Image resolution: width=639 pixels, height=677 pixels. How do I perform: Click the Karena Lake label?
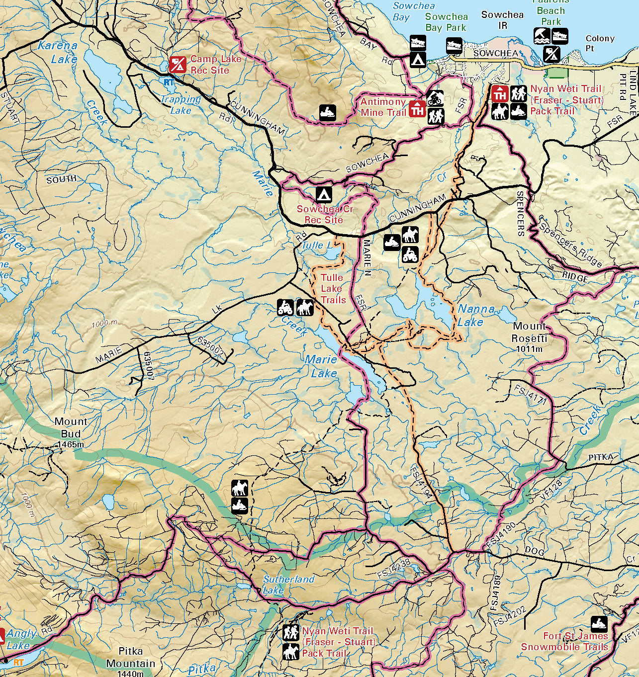(x=58, y=52)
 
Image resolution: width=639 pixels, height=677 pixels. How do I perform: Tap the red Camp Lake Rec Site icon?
(x=178, y=65)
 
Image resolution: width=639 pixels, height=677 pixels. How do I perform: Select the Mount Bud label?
(x=71, y=427)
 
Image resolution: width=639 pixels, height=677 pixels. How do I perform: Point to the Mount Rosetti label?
(x=530, y=332)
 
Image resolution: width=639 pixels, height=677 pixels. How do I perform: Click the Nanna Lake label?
(x=476, y=315)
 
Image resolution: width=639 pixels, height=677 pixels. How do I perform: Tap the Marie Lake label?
(x=321, y=366)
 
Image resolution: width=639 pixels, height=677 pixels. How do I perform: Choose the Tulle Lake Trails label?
(x=332, y=289)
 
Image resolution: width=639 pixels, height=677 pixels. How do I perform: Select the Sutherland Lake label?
(x=288, y=585)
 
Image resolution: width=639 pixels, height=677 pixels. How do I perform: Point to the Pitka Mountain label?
(x=130, y=657)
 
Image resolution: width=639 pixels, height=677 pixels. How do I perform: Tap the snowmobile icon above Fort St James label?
(x=599, y=623)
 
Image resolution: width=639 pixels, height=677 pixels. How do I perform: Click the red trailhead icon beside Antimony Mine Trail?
(x=417, y=108)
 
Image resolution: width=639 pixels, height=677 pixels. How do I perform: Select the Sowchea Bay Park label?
(x=446, y=22)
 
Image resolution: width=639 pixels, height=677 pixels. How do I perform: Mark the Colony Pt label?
(x=599, y=43)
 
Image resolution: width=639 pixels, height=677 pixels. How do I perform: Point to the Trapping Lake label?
(x=181, y=104)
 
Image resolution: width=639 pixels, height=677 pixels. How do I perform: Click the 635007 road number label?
(x=149, y=366)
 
